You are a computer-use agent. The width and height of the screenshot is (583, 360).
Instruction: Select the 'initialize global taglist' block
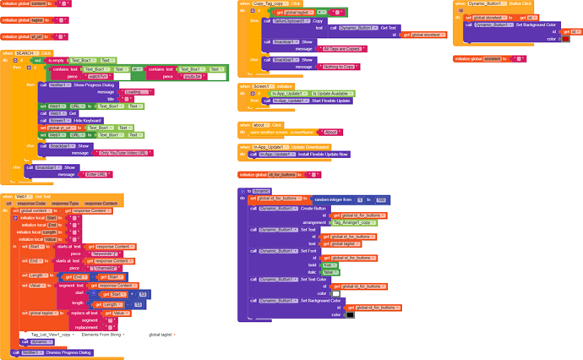coord(22,19)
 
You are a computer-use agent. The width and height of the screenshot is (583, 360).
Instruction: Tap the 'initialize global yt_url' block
coord(21,37)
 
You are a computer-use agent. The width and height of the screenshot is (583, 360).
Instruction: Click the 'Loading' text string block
coord(133,92)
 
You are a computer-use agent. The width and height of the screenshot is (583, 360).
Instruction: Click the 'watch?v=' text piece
coord(101,76)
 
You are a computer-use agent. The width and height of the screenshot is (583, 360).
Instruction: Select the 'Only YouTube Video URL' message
coord(126,153)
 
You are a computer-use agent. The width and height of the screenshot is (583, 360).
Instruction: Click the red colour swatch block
coord(566,39)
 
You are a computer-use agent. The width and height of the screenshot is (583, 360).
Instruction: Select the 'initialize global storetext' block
coord(478,59)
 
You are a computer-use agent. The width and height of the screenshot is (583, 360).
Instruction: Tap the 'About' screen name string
coord(330,133)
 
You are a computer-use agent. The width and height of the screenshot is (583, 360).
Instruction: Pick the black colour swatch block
coord(350,315)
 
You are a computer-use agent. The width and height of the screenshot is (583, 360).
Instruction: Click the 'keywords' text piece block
coord(104,254)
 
